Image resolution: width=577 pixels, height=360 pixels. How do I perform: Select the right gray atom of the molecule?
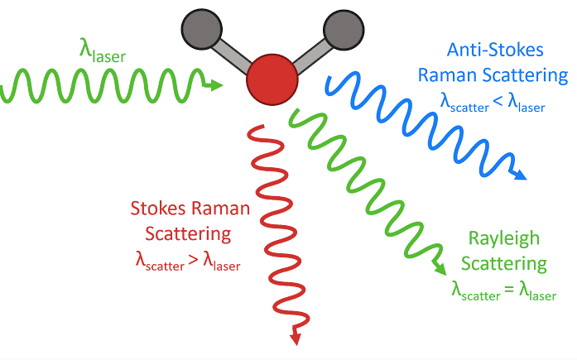click(x=340, y=26)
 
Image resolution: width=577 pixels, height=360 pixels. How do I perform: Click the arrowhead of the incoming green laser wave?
click(x=217, y=84)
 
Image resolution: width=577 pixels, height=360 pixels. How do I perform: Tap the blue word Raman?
click(x=444, y=76)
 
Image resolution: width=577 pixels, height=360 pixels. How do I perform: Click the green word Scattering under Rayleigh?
click(x=504, y=264)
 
